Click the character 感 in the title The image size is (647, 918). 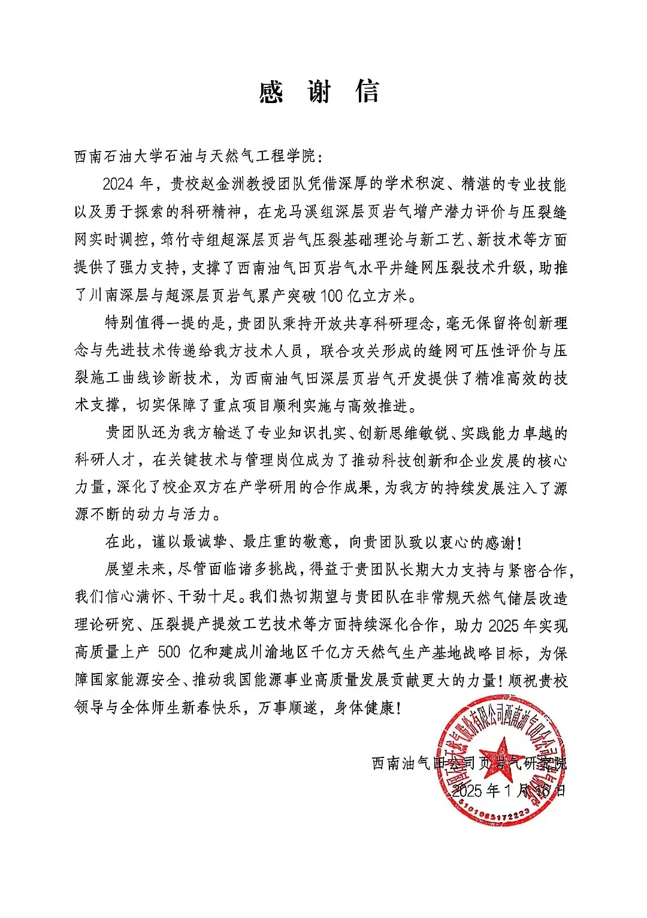click(271, 92)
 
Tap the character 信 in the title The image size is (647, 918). click(367, 92)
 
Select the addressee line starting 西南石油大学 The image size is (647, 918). click(198, 157)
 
